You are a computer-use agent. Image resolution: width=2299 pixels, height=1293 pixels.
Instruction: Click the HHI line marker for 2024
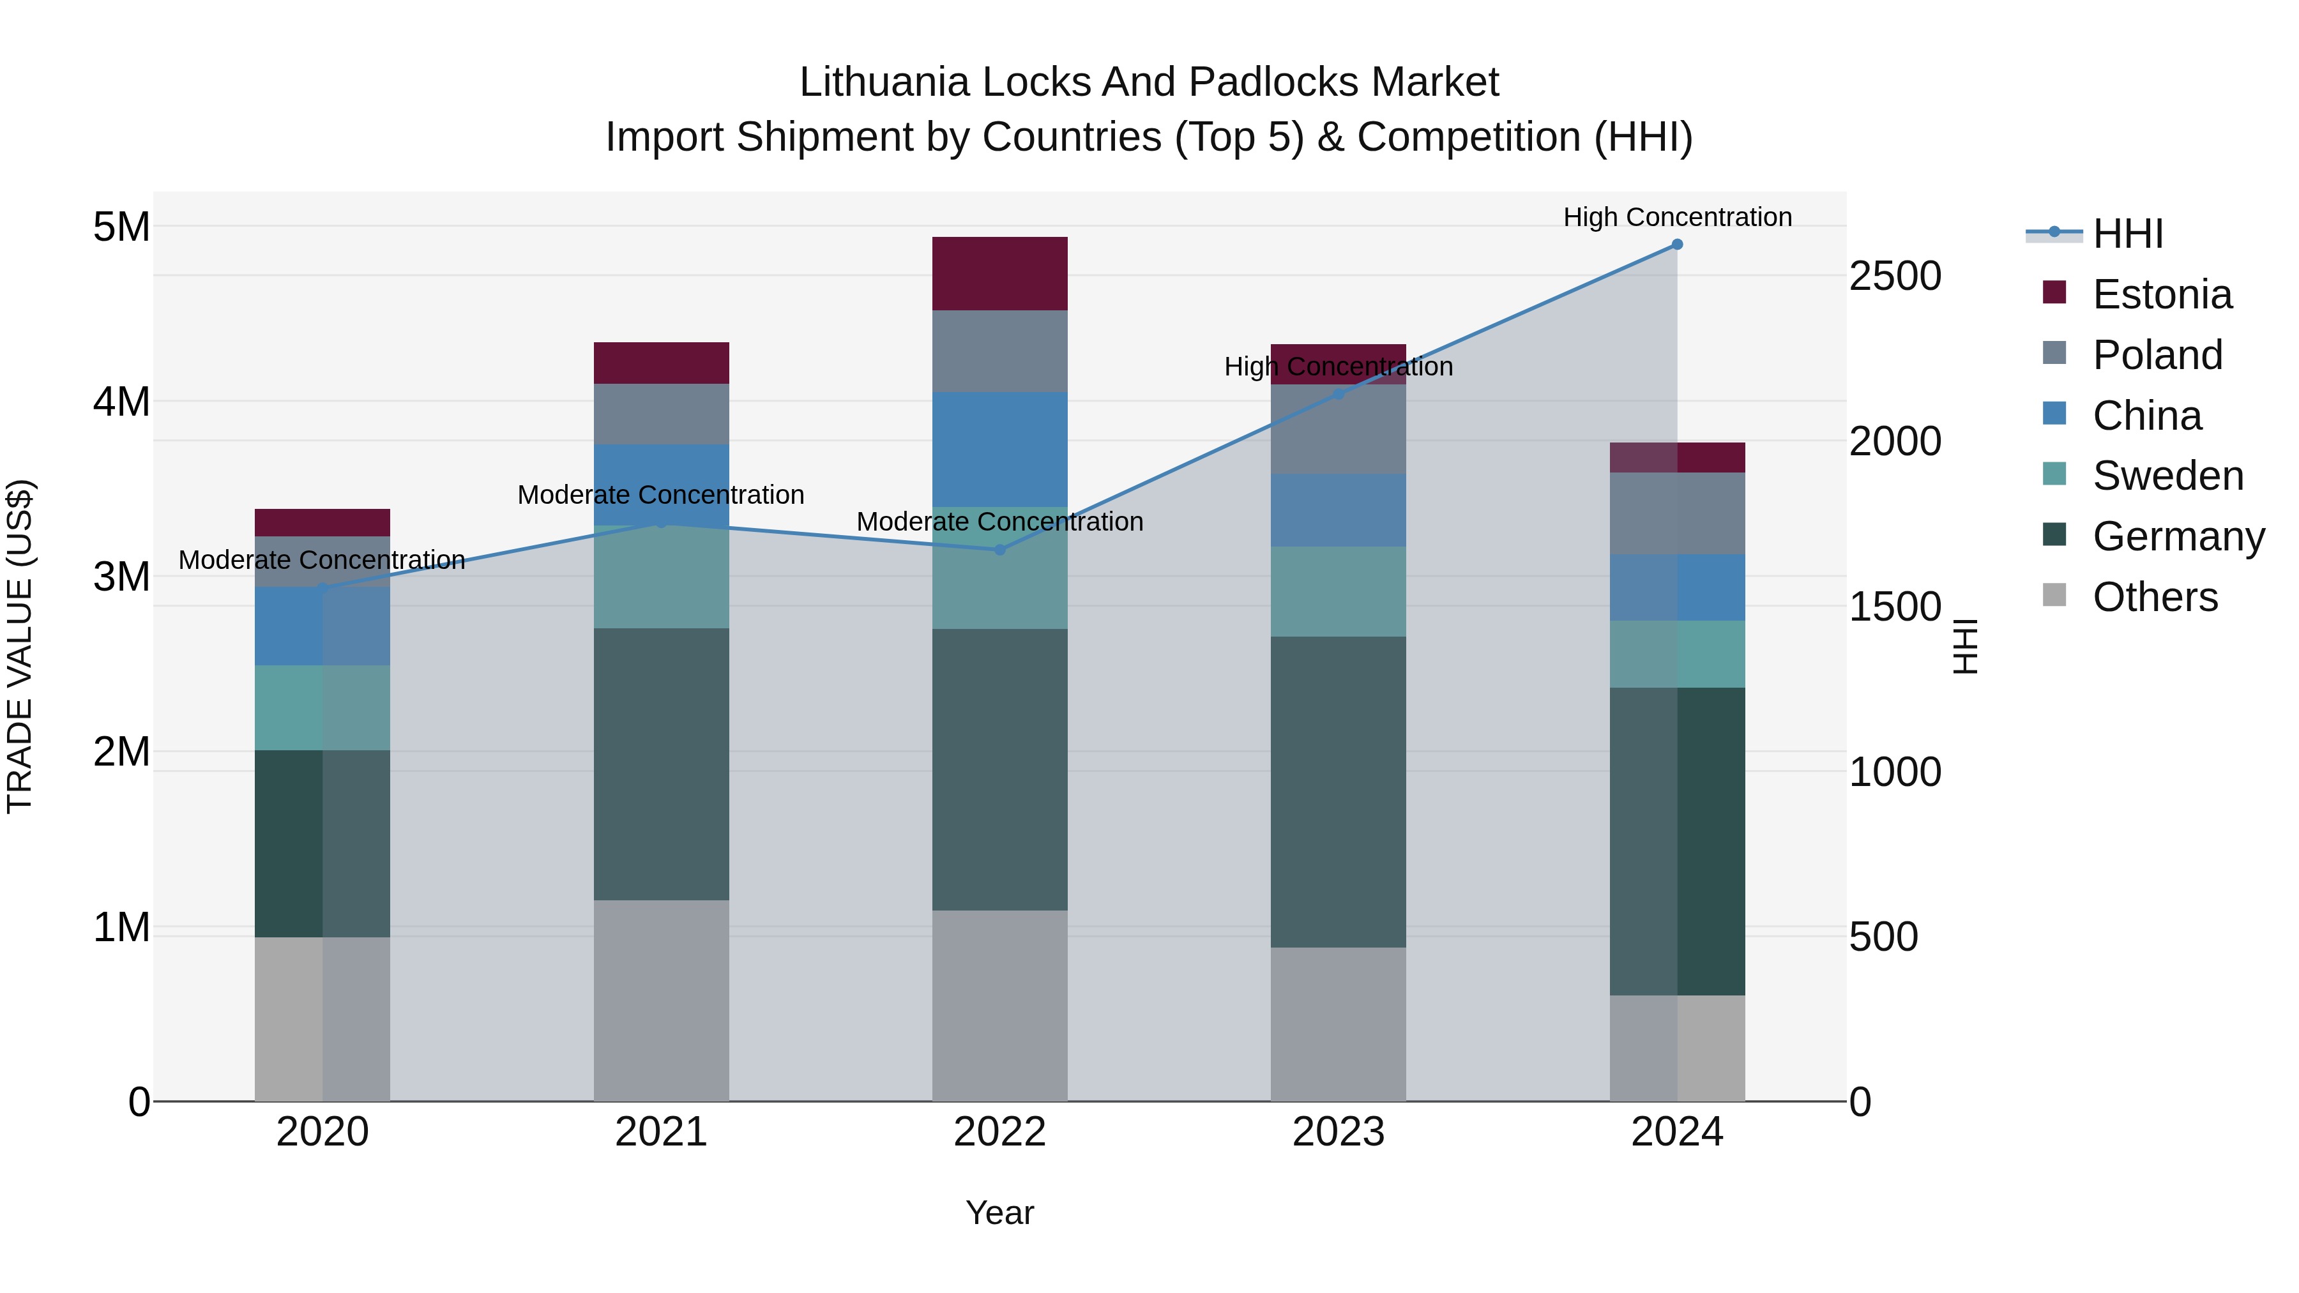(x=1677, y=245)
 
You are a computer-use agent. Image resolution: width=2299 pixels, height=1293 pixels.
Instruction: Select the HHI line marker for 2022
(x=999, y=550)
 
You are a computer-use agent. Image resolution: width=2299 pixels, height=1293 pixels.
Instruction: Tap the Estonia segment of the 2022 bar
(x=999, y=274)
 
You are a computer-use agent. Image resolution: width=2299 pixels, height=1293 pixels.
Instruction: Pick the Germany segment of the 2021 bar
(x=662, y=764)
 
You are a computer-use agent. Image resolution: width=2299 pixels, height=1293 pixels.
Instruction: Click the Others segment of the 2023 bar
(x=1338, y=1024)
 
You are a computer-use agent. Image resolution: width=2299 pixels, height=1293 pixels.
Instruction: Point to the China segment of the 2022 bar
(x=999, y=450)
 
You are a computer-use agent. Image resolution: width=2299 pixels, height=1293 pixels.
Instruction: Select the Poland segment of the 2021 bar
(x=662, y=414)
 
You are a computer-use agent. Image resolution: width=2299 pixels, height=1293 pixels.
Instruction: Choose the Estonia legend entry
(x=2162, y=294)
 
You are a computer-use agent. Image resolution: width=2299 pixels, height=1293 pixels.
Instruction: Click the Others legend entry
(x=2155, y=597)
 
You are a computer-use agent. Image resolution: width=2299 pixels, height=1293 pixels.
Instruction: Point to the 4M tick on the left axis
(x=121, y=402)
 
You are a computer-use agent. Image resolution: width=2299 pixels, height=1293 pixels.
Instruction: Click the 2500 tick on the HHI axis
(x=1894, y=276)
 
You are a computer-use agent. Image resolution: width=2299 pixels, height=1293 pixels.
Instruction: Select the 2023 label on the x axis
(x=1338, y=1132)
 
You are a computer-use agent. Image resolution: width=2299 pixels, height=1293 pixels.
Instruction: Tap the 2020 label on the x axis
(x=322, y=1132)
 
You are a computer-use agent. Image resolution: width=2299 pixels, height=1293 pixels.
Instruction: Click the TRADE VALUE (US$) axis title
(x=20, y=646)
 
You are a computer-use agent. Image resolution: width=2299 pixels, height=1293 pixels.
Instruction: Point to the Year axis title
(x=999, y=1213)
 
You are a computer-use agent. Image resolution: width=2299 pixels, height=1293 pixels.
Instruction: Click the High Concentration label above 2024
(x=1677, y=217)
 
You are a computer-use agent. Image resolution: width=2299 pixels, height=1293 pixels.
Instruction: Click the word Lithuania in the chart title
(x=893, y=82)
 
